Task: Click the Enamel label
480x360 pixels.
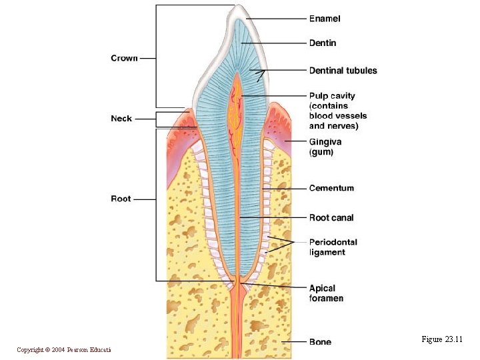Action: (325, 19)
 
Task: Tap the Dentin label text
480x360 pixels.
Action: (323, 43)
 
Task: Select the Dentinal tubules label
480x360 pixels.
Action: (343, 70)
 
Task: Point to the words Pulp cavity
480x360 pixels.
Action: (332, 96)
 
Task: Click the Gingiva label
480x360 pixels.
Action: (325, 141)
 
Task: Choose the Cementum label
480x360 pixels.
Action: (331, 188)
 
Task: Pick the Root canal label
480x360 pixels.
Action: (331, 217)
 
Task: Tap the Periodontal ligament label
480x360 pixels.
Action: (333, 247)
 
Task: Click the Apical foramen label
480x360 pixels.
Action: (326, 293)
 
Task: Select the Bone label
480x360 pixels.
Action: (320, 342)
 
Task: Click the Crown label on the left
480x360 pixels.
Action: (124, 58)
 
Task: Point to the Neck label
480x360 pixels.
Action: (121, 118)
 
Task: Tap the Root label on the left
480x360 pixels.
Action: (121, 199)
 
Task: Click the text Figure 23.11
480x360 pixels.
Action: (441, 339)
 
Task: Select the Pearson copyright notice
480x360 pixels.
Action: (64, 350)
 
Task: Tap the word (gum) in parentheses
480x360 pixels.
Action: (321, 152)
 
